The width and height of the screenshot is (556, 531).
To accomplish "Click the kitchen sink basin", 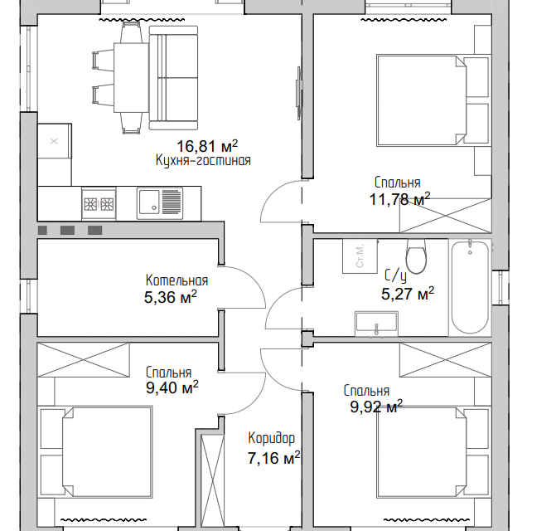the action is click(149, 202).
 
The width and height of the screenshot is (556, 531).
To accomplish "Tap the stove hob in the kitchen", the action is click(99, 203).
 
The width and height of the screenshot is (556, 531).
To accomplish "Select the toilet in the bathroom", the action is click(416, 256).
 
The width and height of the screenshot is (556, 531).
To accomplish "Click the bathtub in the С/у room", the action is click(470, 287).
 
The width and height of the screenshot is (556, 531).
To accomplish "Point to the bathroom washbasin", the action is click(376, 324).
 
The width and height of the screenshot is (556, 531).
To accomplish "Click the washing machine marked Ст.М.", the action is click(360, 256).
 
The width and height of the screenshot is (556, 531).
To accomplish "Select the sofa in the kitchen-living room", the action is click(173, 78).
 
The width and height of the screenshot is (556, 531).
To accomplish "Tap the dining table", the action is click(131, 78).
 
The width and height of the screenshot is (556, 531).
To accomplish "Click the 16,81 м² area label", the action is click(207, 146).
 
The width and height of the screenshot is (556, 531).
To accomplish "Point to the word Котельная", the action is click(176, 280).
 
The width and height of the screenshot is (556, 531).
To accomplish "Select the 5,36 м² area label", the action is click(170, 297).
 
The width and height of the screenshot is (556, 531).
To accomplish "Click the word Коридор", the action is click(271, 438).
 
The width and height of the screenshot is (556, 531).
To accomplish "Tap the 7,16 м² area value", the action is click(273, 458).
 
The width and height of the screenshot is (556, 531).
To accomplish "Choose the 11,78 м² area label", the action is click(399, 199).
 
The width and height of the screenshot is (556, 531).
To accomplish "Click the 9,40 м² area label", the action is click(172, 387).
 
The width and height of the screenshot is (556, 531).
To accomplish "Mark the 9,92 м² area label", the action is click(376, 407).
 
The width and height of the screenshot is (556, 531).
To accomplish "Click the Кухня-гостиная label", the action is click(203, 160).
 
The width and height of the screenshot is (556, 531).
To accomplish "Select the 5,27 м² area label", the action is click(408, 294).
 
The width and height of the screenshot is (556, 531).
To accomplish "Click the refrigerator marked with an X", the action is click(54, 141).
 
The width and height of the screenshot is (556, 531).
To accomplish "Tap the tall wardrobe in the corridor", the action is click(212, 480).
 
